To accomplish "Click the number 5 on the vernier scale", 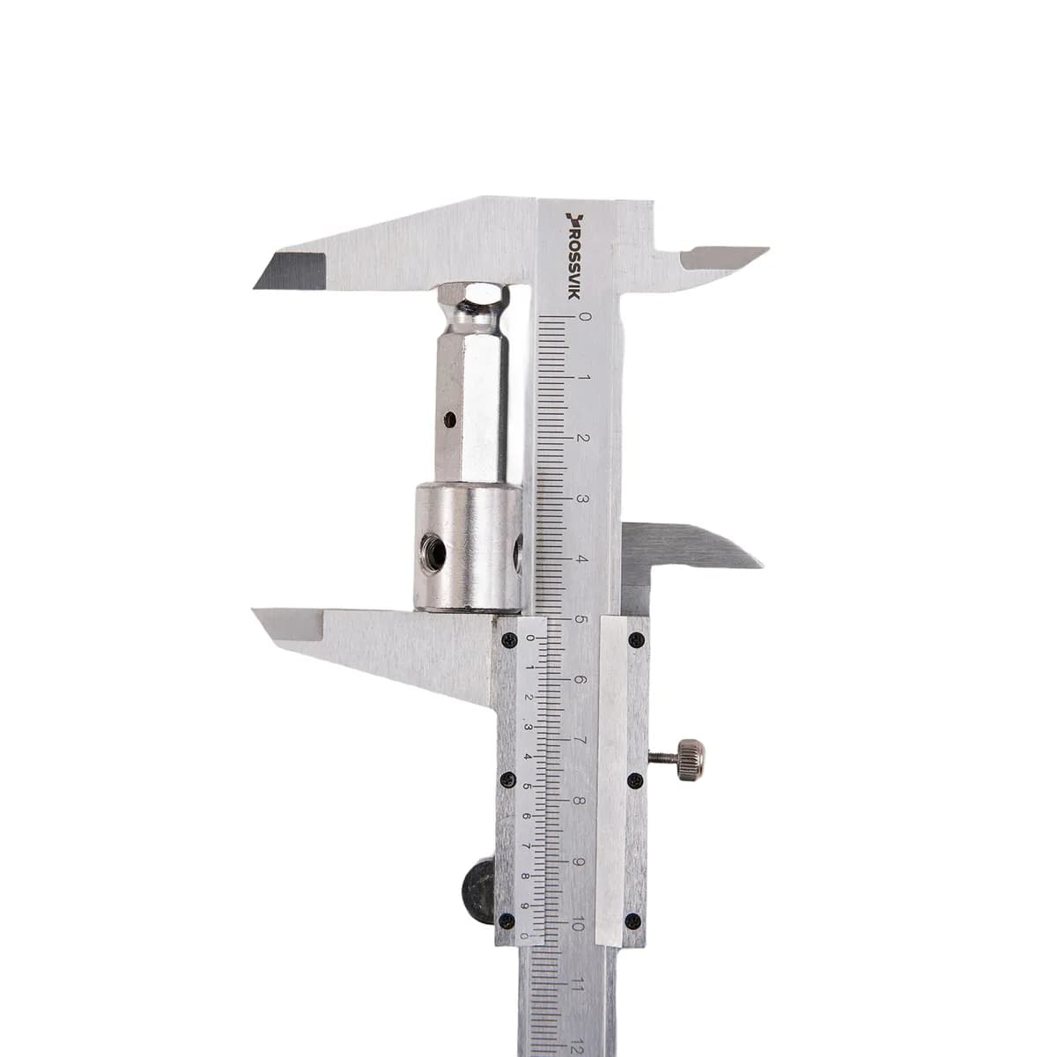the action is [527, 787].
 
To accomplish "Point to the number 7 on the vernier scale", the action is [526, 846].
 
